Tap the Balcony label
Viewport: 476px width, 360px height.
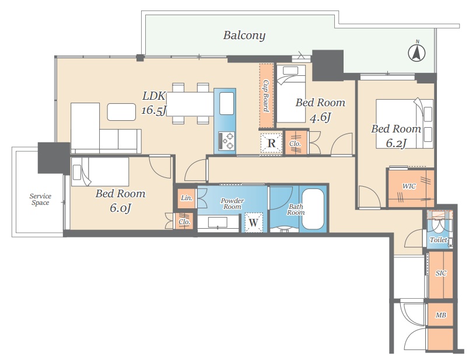coord(244,36)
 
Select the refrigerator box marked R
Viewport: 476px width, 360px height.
coord(271,143)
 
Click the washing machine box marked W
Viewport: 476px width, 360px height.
coord(254,222)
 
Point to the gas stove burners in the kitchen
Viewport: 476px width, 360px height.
coord(227,141)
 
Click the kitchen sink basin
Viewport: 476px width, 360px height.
coord(226,103)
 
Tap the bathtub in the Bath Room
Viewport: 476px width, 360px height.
coord(313,209)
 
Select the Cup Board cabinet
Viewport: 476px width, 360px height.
coord(267,96)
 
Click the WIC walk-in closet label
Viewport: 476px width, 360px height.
coord(409,186)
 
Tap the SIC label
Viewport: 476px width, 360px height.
coord(441,273)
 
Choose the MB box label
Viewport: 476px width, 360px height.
coord(441,315)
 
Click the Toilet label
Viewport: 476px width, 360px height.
coord(438,240)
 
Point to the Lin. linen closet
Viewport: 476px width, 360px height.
coord(187,198)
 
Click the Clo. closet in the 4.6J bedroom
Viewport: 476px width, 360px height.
coord(295,143)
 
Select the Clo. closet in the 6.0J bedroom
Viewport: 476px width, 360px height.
coord(184,221)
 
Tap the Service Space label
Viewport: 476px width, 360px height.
coord(40,200)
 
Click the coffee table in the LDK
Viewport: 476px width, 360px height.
coord(121,112)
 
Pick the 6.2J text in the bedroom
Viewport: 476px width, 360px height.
coord(396,143)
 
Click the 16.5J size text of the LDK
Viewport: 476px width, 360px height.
coord(153,110)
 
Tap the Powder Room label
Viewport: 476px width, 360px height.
coord(232,204)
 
